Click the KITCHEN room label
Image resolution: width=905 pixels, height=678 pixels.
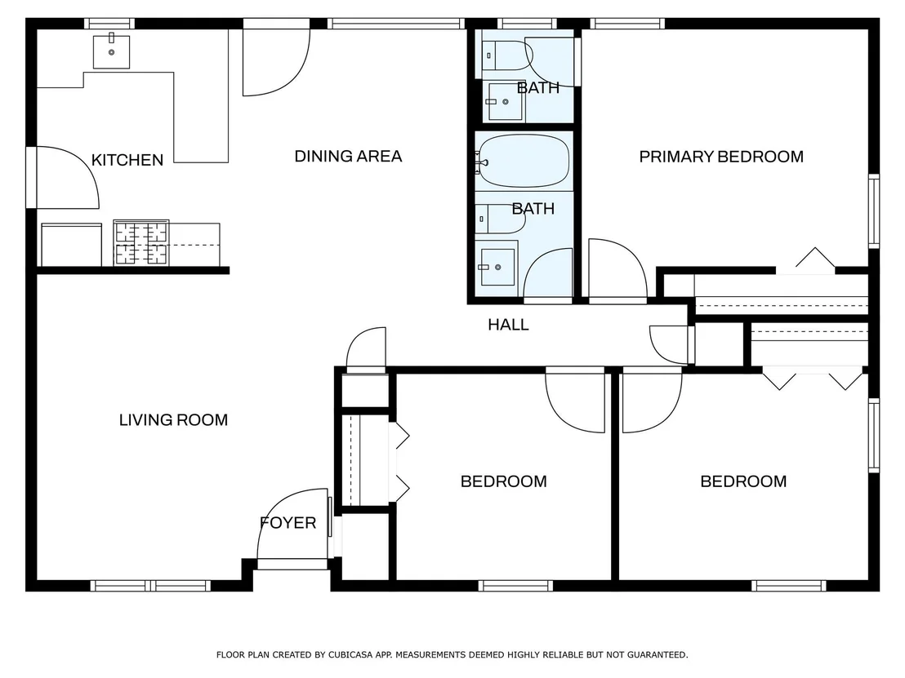click(127, 160)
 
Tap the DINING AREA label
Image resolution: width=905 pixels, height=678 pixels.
click(348, 156)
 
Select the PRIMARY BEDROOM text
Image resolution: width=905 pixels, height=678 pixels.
click(721, 157)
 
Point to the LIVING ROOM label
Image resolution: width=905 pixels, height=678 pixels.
click(173, 419)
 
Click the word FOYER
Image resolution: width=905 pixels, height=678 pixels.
click(288, 523)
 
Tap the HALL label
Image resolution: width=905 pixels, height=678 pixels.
click(508, 325)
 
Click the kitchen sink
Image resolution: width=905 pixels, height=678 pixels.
click(111, 51)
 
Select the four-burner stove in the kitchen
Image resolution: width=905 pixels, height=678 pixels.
click(140, 242)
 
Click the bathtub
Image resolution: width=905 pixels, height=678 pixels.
click(523, 161)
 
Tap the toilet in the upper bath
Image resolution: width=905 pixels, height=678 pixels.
click(506, 55)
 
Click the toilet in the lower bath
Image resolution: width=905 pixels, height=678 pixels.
click(500, 219)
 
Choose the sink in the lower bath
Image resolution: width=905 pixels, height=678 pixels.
click(497, 267)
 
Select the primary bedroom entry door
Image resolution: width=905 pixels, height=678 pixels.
click(617, 268)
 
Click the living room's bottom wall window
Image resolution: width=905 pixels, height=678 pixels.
click(150, 586)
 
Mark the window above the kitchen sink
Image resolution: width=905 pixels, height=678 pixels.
click(109, 24)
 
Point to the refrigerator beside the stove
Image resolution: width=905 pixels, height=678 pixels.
click(72, 245)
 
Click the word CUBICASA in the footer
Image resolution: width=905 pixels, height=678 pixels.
click(350, 655)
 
